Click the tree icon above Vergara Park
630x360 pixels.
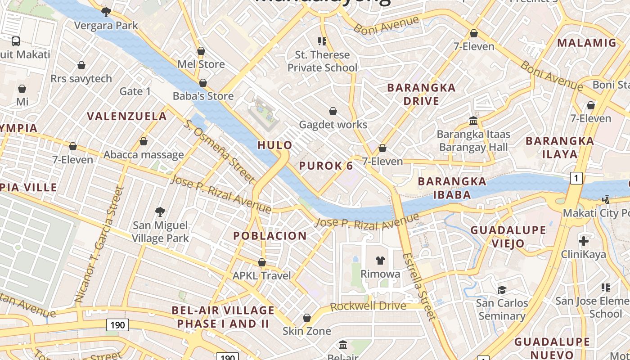click(106, 12)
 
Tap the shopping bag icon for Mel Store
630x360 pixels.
click(201, 51)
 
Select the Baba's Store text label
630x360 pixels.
click(203, 96)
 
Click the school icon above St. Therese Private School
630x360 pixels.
click(322, 41)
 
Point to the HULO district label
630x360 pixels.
click(275, 145)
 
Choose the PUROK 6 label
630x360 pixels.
click(326, 166)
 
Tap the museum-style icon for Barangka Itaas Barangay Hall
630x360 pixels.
click(473, 121)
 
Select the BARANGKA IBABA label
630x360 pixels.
click(452, 188)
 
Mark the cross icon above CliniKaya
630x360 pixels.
click(584, 241)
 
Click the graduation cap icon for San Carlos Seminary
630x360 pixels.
click(502, 289)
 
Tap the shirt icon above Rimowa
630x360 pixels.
click(380, 260)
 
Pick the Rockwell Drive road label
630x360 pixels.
click(368, 306)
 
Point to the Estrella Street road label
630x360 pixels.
click(419, 286)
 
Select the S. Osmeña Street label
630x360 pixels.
click(219, 151)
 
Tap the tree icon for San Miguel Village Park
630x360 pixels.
click(160, 211)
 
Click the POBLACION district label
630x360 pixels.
click(270, 235)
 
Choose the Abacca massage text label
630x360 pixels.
click(144, 155)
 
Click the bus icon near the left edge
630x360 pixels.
click(16, 41)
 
